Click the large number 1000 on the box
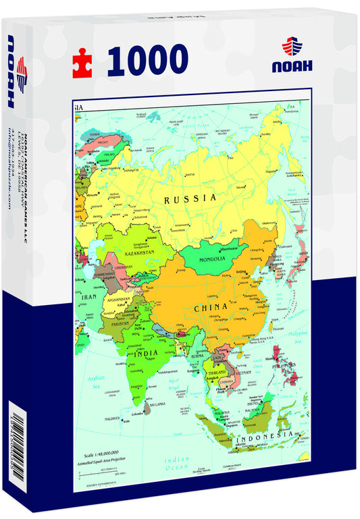[x=147, y=60]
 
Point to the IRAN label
[x=89, y=296]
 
